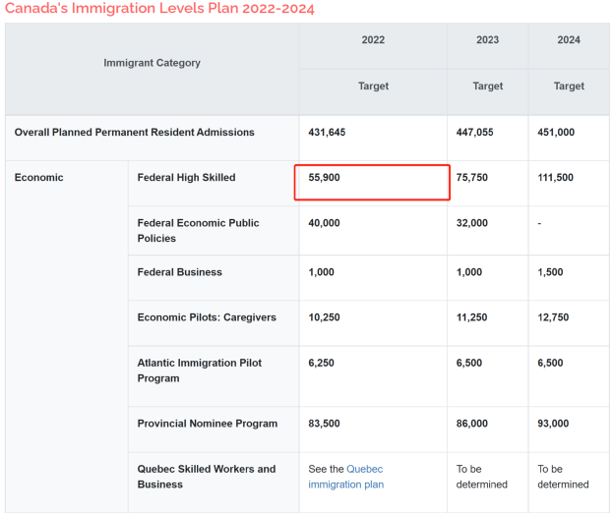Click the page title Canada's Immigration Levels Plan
click(x=159, y=8)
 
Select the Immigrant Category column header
click(x=152, y=63)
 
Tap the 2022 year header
click(x=373, y=40)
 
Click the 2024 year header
click(x=569, y=40)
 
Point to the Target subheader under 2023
click(x=487, y=86)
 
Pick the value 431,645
click(x=327, y=132)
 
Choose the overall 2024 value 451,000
click(x=556, y=132)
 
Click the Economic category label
click(x=38, y=178)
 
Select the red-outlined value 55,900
click(x=325, y=178)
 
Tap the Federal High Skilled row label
click(x=186, y=178)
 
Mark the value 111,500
click(x=555, y=178)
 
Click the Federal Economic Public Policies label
click(x=198, y=231)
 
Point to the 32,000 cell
click(x=472, y=223)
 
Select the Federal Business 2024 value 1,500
click(x=550, y=272)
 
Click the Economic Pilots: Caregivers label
click(x=207, y=317)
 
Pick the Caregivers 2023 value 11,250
click(x=472, y=317)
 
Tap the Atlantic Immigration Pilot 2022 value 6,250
click(x=321, y=363)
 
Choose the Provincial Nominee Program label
click(x=208, y=424)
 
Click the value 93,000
click(x=553, y=424)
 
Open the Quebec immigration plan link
click(x=345, y=477)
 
